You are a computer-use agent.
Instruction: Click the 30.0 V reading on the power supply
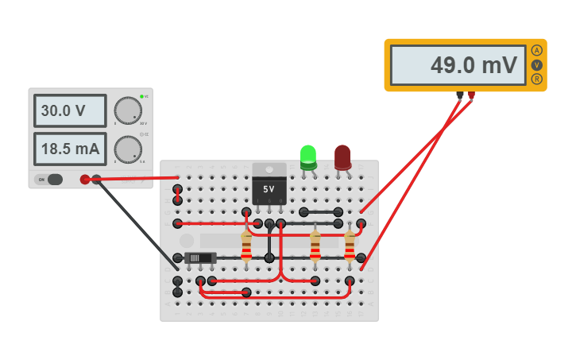tap(70, 111)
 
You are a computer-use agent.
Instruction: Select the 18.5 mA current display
tap(70, 149)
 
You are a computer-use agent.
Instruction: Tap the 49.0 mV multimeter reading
tap(458, 65)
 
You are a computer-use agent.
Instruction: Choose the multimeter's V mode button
tap(537, 65)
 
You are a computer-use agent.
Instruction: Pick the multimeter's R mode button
tap(537, 79)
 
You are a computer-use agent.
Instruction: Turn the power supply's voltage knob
tap(127, 110)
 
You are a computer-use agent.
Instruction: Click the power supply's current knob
tap(127, 149)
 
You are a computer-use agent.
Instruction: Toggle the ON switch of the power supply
tap(48, 180)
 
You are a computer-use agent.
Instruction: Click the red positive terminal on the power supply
tap(85, 180)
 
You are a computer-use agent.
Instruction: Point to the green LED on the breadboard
tap(308, 157)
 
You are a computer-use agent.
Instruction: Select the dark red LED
tap(342, 157)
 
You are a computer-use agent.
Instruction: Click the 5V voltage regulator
tap(269, 185)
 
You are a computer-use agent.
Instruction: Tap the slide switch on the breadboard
tap(200, 257)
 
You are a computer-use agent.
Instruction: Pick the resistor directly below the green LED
tap(315, 247)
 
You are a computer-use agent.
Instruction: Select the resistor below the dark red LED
tap(350, 247)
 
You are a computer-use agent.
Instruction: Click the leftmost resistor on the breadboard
tap(246, 247)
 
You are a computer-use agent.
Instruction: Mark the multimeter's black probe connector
tap(460, 95)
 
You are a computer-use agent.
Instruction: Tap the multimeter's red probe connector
tap(472, 95)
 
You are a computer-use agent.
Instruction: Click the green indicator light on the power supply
tap(141, 96)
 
